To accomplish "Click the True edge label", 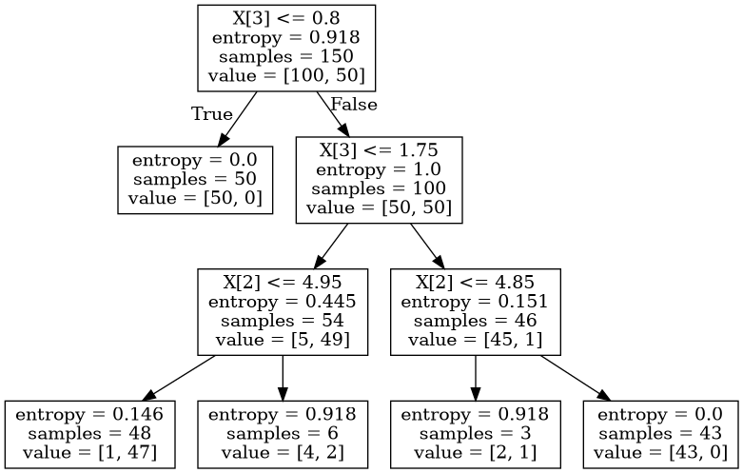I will click(x=211, y=114).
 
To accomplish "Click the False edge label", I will click(x=353, y=105).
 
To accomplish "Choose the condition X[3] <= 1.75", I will click(x=379, y=150).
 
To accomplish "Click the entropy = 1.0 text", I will click(x=379, y=169).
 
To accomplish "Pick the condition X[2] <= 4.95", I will click(x=282, y=283).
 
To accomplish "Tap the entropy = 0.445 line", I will click(x=282, y=302).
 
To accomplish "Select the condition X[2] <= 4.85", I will click(x=476, y=283).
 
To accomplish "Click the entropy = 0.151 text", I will click(x=476, y=302).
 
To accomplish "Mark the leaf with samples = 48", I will click(x=89, y=434).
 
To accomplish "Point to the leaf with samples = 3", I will click(x=476, y=434).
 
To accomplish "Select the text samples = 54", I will click(x=282, y=321).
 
